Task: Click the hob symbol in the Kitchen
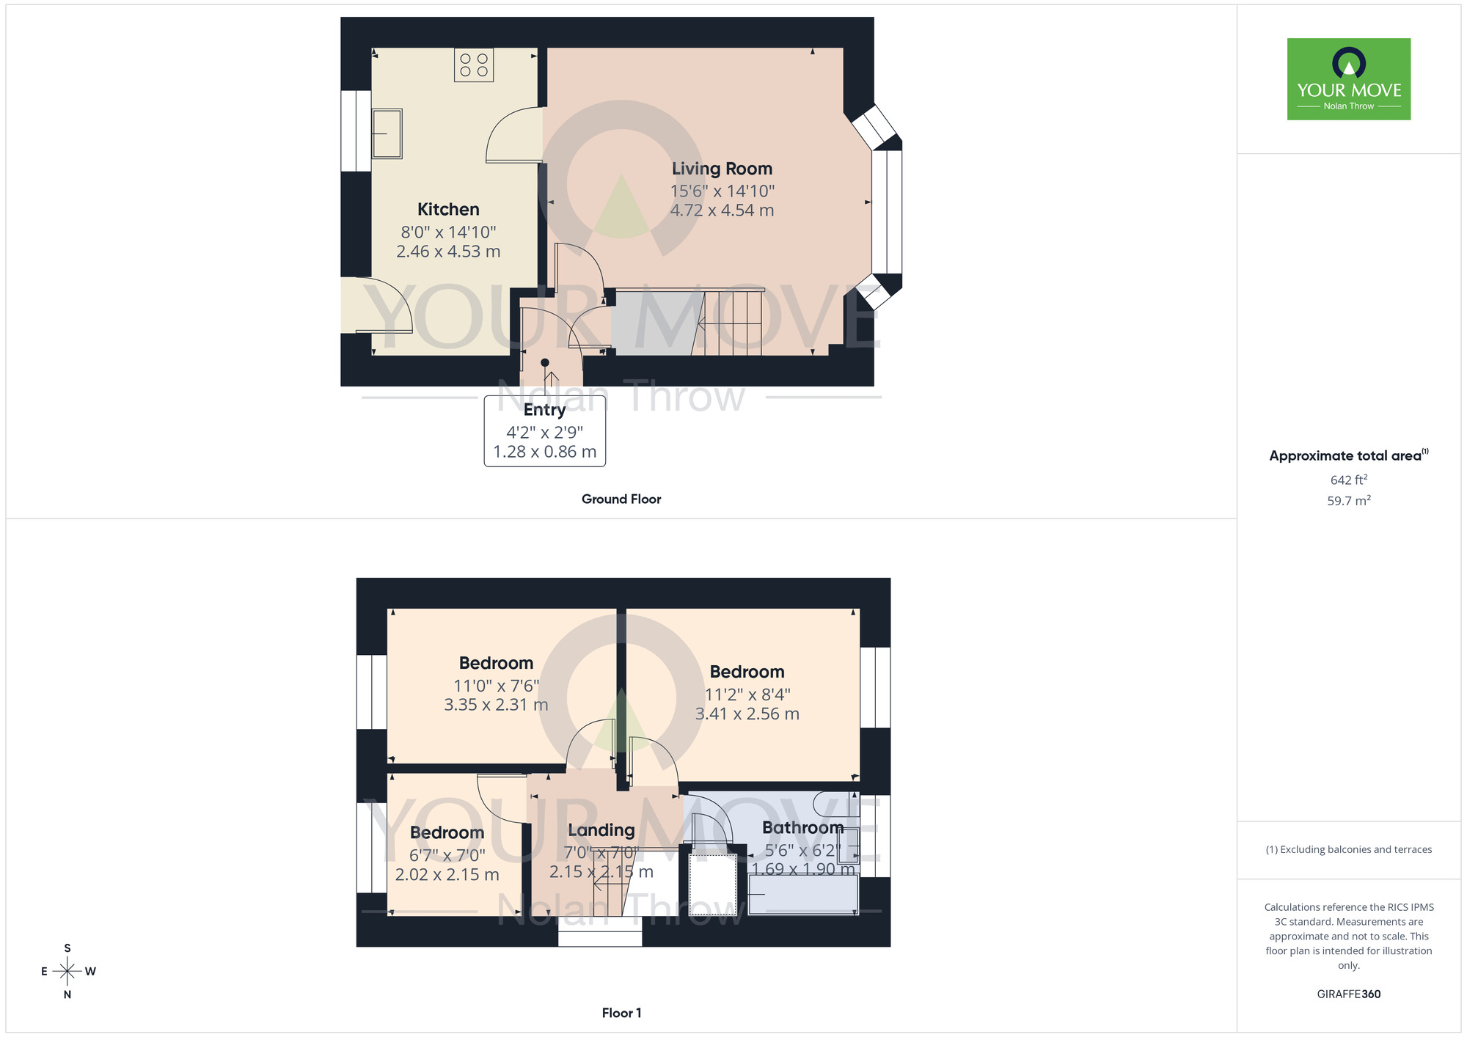pos(473,65)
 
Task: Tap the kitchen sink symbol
pos(387,133)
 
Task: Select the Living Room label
pos(722,169)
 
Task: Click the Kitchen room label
pos(448,210)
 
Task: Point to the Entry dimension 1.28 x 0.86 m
pos(544,452)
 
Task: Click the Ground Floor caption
pos(621,499)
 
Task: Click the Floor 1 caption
pos(621,1013)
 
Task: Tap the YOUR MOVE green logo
pos(1348,79)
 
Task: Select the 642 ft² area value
pos(1348,480)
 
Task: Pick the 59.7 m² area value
pos(1348,501)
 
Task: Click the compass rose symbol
pos(67,972)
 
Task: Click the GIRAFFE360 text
pos(1348,994)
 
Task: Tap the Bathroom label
pos(802,828)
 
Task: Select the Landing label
pos(601,830)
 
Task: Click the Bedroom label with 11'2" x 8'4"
pos(747,672)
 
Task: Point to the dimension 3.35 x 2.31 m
pos(496,705)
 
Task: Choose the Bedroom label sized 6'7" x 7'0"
pos(447,833)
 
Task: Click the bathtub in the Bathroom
pos(803,895)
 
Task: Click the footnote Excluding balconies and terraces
pos(1348,850)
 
